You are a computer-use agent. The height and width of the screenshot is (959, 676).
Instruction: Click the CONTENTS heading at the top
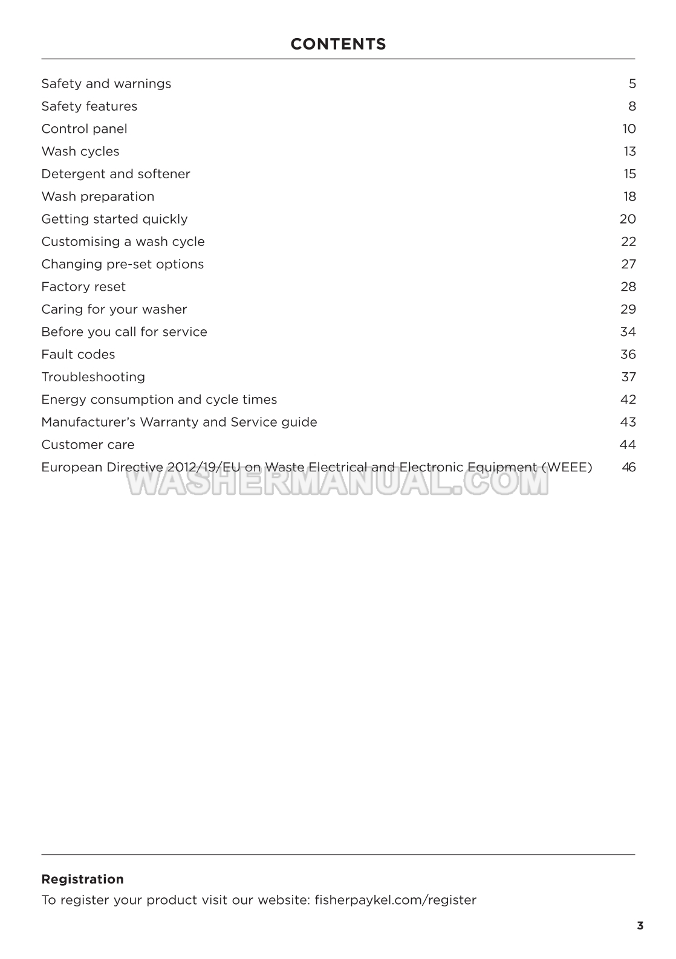pyautogui.click(x=338, y=44)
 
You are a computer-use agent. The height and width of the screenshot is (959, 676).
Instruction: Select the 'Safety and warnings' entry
pyautogui.click(x=106, y=84)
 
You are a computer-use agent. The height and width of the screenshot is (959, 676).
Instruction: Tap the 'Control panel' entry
pyautogui.click(x=84, y=129)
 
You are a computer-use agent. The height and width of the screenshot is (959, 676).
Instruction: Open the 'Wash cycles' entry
pyautogui.click(x=80, y=152)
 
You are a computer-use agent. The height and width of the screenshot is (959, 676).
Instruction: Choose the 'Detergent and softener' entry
pyautogui.click(x=115, y=174)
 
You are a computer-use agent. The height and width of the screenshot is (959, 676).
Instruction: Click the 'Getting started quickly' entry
pyautogui.click(x=114, y=219)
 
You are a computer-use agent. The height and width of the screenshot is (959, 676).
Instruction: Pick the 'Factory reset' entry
pyautogui.click(x=83, y=287)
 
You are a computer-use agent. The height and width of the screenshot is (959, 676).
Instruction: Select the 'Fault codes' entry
pyautogui.click(x=78, y=355)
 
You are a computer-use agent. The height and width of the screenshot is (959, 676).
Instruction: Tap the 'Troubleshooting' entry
pyautogui.click(x=93, y=377)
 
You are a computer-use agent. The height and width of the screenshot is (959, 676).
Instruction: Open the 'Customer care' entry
pyautogui.click(x=88, y=445)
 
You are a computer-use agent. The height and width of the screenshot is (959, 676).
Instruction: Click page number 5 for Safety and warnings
pyautogui.click(x=632, y=84)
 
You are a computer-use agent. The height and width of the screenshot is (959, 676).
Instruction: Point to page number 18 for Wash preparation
pyautogui.click(x=629, y=196)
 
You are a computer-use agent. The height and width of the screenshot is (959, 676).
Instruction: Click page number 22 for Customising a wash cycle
pyautogui.click(x=628, y=242)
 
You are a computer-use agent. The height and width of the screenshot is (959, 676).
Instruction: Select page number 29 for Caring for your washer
pyautogui.click(x=628, y=309)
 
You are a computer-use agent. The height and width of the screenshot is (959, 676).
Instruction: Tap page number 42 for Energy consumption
pyautogui.click(x=628, y=399)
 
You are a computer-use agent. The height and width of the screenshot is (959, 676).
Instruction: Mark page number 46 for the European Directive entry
pyautogui.click(x=628, y=467)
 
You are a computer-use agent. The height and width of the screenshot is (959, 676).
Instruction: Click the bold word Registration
pyautogui.click(x=82, y=879)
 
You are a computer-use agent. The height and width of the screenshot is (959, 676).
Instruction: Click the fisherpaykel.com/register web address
pyautogui.click(x=395, y=900)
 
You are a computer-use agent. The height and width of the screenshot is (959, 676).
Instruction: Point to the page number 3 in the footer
pyautogui.click(x=640, y=926)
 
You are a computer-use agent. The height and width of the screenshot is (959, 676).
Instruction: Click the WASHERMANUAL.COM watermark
pyautogui.click(x=337, y=482)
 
